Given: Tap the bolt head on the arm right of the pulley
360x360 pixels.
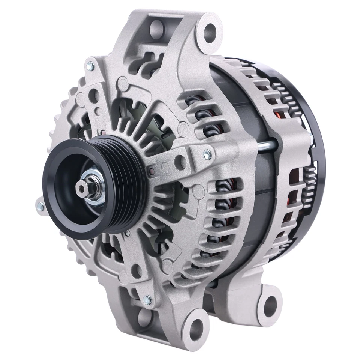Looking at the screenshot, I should coord(207,154).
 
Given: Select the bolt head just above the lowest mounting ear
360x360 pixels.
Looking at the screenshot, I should coord(147,300).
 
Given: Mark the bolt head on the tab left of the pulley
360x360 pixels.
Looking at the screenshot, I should coord(40,206).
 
